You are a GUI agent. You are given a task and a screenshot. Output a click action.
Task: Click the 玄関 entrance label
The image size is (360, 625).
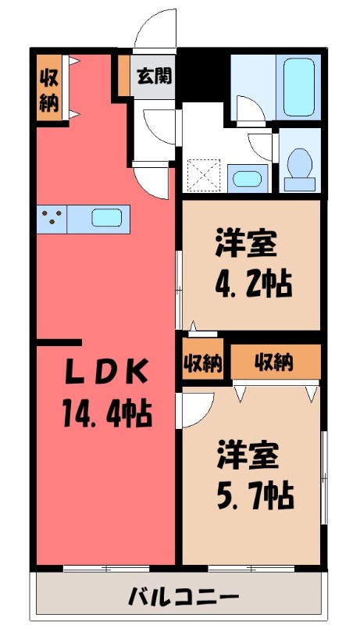(x=155, y=77)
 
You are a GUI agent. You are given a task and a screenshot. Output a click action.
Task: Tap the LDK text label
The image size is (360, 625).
(x=105, y=374)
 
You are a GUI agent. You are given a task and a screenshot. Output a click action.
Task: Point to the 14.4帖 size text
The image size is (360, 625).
(x=107, y=410)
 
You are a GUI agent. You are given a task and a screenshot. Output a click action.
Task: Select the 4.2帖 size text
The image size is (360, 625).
(x=253, y=282)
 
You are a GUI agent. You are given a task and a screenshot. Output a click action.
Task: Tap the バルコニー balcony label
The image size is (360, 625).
(x=184, y=598)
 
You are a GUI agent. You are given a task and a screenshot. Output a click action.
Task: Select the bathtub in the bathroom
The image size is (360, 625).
(x=301, y=87)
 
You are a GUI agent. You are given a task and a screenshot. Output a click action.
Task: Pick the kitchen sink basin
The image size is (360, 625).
(x=105, y=218)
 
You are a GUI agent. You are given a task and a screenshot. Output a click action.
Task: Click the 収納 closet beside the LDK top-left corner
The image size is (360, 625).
(x=48, y=88)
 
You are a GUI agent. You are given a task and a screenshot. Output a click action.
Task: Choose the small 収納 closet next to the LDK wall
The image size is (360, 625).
(x=203, y=362)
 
